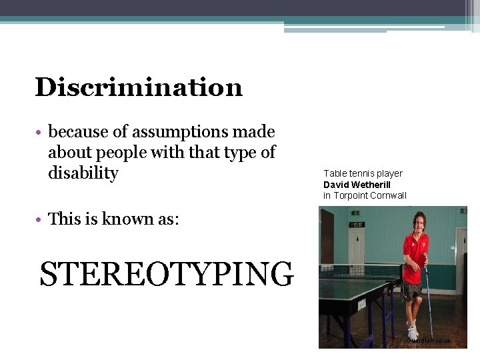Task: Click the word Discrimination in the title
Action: coord(139,87)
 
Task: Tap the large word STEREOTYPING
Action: coord(166,274)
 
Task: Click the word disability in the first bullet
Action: coord(83,173)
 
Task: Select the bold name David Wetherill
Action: coord(357,185)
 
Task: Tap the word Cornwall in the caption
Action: coord(389,195)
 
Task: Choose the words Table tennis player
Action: coord(363,174)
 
